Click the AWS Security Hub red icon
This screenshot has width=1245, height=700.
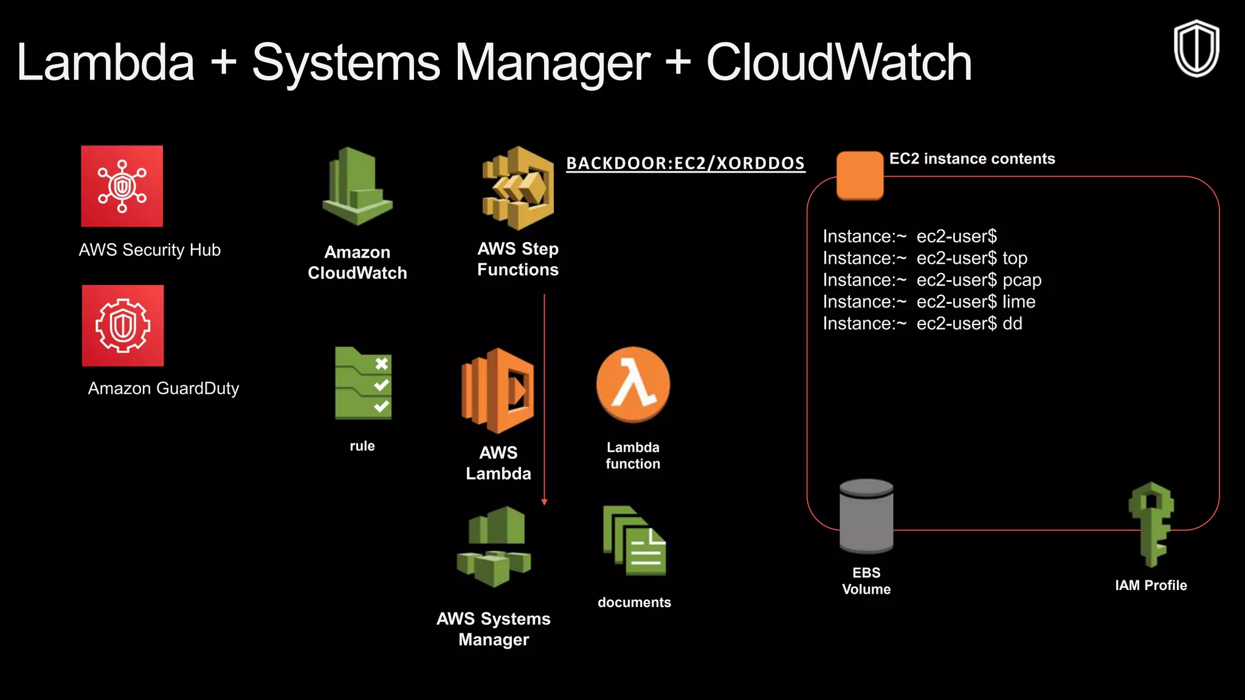tap(122, 186)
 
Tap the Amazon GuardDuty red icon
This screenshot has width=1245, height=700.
tap(123, 326)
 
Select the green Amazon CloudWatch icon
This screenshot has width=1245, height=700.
tap(357, 187)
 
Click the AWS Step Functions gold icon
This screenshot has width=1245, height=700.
tap(518, 188)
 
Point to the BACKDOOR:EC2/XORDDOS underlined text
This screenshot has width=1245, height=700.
tap(685, 163)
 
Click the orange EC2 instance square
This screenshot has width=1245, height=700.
tap(860, 175)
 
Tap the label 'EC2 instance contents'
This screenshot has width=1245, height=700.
tap(971, 159)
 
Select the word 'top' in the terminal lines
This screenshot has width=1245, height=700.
tap(1015, 258)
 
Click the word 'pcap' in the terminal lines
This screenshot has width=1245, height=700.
tap(1022, 280)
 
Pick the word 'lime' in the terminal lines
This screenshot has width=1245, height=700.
tap(1019, 302)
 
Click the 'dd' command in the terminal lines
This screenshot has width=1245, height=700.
tap(1012, 324)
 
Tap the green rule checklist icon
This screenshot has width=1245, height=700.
tap(364, 383)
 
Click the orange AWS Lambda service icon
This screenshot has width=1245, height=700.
tap(498, 391)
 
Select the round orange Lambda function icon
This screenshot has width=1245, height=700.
tap(633, 385)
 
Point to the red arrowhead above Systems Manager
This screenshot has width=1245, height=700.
tap(544, 502)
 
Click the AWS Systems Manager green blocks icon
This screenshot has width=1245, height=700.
tap(494, 546)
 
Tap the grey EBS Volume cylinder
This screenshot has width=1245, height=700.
tap(866, 516)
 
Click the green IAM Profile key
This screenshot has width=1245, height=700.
tap(1151, 524)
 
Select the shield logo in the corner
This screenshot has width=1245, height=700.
tap(1196, 49)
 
